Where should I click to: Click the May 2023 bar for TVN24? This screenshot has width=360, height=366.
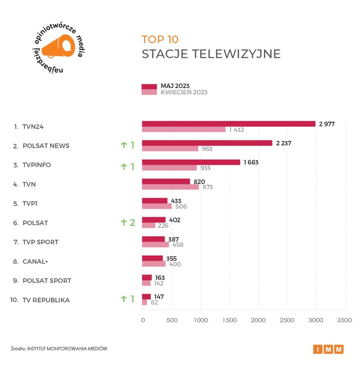pyautogui.click(x=228, y=124)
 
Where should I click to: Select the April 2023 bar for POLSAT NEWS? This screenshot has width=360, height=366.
pyautogui.click(x=170, y=149)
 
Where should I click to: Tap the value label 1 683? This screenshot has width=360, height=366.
pyautogui.click(x=251, y=163)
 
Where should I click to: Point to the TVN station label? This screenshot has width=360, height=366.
pyautogui.click(x=29, y=184)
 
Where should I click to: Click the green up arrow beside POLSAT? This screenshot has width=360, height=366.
pyautogui.click(x=123, y=223)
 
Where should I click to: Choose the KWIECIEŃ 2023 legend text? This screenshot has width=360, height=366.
pyautogui.click(x=184, y=92)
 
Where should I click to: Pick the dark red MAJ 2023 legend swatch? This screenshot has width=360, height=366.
pyautogui.click(x=149, y=87)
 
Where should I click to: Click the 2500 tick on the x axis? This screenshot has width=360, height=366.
pyautogui.click(x=287, y=320)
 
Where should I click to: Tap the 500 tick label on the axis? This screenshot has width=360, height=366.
pyautogui.click(x=171, y=320)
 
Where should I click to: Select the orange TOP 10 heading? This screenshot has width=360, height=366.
pyautogui.click(x=160, y=39)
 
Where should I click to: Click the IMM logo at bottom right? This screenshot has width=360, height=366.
pyautogui.click(x=328, y=350)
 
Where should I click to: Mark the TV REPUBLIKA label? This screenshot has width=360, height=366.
pyautogui.click(x=46, y=300)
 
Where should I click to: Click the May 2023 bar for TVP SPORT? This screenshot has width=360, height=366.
pyautogui.click(x=153, y=239)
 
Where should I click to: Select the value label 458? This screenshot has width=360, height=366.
pyautogui.click(x=177, y=245)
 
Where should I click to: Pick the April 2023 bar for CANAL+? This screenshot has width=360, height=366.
pyautogui.click(x=154, y=264)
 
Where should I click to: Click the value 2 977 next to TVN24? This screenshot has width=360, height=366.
pyautogui.click(x=327, y=124)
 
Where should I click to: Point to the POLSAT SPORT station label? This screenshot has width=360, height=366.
pyautogui.click(x=47, y=281)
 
